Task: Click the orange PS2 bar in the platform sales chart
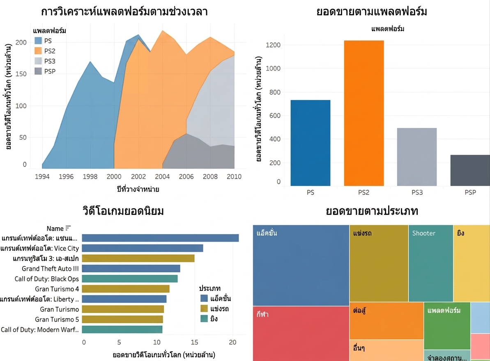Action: click(x=364, y=113)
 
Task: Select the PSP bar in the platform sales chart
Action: click(x=470, y=170)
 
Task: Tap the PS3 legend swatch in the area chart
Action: click(x=38, y=61)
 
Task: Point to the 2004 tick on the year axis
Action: click(x=162, y=176)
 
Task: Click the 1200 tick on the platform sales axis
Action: click(x=273, y=45)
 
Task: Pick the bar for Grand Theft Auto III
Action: click(x=131, y=268)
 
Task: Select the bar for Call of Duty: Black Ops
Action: click(x=130, y=279)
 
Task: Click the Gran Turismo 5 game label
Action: click(x=57, y=320)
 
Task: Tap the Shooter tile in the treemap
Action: click(x=430, y=263)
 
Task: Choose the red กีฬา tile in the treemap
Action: click(x=301, y=334)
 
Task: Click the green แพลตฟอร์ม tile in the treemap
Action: click(x=447, y=326)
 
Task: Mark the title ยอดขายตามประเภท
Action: click(x=372, y=211)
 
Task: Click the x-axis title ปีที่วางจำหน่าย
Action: click(x=138, y=189)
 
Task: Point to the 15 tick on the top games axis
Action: click(x=194, y=342)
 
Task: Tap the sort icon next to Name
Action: click(x=68, y=228)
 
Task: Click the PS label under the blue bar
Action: click(x=311, y=192)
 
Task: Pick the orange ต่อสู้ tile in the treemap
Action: click(x=386, y=321)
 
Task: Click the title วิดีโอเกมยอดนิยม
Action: click(x=123, y=211)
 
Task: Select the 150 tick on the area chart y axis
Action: click(x=21, y=74)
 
